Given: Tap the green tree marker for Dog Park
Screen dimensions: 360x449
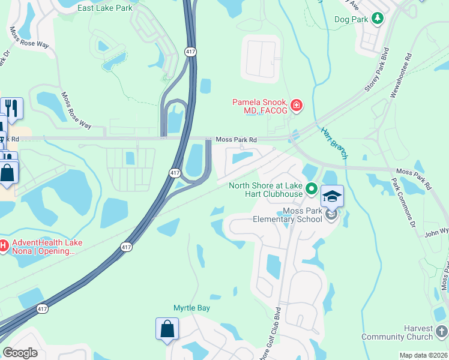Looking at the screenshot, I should [x=378, y=19].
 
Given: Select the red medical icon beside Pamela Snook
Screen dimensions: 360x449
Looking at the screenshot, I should [x=295, y=107].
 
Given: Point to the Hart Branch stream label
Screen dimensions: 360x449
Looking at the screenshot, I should [x=334, y=143].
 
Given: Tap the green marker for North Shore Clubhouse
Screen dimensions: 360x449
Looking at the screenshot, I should [x=311, y=190].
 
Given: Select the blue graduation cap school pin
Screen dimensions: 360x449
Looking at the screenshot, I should [x=332, y=196].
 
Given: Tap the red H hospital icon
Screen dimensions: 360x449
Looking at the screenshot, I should [x=3, y=245].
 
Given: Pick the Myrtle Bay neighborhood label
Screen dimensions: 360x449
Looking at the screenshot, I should [x=191, y=308].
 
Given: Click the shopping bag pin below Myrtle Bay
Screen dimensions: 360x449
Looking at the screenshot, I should [x=167, y=329].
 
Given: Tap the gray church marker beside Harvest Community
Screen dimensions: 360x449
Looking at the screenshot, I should [x=442, y=331].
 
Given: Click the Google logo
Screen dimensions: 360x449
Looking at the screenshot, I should [x=20, y=353].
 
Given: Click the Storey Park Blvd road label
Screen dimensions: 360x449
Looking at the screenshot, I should [x=376, y=70].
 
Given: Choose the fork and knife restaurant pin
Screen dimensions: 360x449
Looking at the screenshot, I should [x=12, y=108].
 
